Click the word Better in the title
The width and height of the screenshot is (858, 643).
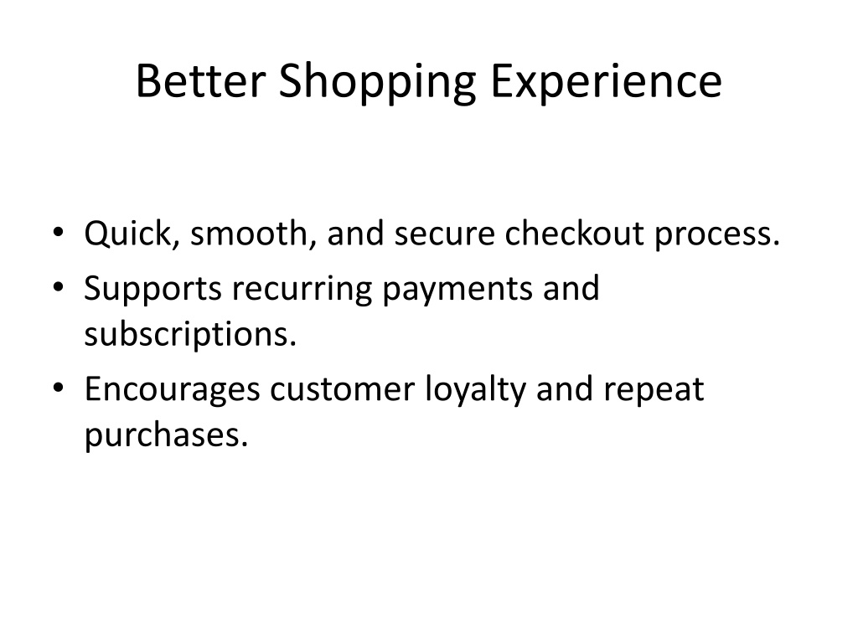coord(200,80)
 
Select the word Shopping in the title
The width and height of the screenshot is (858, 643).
coord(378,83)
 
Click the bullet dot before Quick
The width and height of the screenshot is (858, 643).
coord(59,232)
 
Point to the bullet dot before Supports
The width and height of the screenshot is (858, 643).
coord(59,286)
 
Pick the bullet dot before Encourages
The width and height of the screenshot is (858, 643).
coord(59,388)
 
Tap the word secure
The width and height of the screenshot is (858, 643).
coord(444,234)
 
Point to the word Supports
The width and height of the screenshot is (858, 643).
coord(152,289)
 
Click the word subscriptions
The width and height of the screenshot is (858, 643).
coord(190,335)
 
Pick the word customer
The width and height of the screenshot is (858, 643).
coord(342,391)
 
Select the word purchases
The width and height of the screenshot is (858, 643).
coord(166,436)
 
